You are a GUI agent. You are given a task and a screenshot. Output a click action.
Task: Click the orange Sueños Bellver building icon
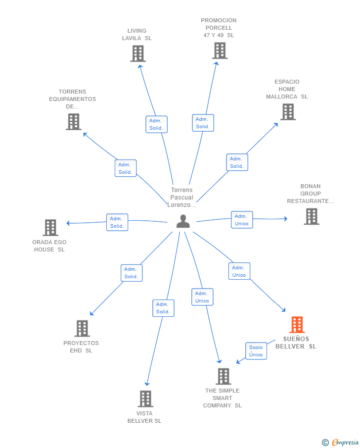click(x=297, y=325)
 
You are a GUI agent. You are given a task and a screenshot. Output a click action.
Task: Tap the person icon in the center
click(x=183, y=221)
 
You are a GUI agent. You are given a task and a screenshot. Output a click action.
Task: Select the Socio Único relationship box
click(x=256, y=351)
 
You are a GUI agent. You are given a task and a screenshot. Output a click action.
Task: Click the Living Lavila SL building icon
click(x=138, y=54)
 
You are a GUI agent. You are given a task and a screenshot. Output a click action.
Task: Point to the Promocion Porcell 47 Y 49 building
click(x=220, y=50)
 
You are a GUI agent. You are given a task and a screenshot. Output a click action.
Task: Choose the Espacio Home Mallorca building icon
click(x=288, y=112)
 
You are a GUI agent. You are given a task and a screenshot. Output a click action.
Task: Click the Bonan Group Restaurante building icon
click(x=312, y=216)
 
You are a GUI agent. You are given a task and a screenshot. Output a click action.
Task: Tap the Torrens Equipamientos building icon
click(x=74, y=122)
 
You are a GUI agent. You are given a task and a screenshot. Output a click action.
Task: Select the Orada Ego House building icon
click(x=50, y=227)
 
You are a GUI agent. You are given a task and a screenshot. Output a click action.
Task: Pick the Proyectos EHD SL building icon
click(x=82, y=328)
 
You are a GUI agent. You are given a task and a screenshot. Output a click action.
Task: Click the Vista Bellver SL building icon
click(x=145, y=399)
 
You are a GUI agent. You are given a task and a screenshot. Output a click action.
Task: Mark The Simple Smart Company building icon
click(x=223, y=376)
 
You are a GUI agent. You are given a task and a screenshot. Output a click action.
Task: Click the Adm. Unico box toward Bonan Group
click(x=242, y=220)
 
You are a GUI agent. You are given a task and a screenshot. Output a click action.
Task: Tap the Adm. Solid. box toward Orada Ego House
click(x=117, y=222)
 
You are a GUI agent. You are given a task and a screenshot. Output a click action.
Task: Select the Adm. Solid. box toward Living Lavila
click(x=156, y=124)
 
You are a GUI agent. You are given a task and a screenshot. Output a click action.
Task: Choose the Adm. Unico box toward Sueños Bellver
click(x=239, y=271)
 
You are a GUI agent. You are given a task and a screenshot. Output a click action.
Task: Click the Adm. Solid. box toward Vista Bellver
click(x=163, y=308)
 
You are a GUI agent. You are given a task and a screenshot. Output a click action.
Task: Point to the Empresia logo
click(x=340, y=442)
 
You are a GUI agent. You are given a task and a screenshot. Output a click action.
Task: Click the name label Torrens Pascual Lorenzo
click(x=181, y=198)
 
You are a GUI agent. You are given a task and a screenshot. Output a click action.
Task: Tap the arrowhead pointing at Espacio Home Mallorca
click(x=276, y=125)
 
